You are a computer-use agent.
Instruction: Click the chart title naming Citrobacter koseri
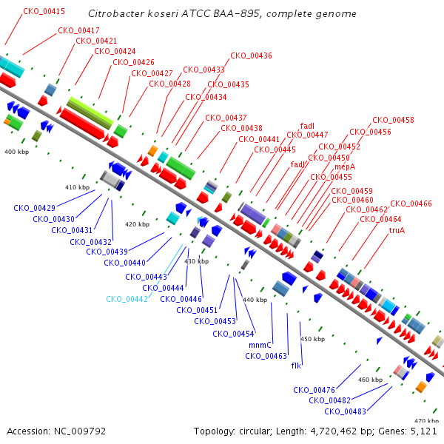tap(222, 13)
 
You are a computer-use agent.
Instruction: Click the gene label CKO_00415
tap(44, 11)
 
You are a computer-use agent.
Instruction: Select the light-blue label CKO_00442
tap(127, 299)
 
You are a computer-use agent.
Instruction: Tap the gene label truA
tap(397, 230)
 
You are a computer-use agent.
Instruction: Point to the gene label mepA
tap(345, 166)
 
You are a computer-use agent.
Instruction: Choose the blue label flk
tap(296, 366)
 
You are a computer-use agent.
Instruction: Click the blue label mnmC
tap(260, 345)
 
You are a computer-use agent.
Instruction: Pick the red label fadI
tap(307, 126)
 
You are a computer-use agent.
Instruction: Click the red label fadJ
tap(297, 164)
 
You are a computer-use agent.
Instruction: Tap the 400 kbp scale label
tap(17, 152)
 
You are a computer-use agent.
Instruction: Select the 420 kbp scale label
tap(138, 224)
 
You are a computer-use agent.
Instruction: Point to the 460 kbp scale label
tap(370, 380)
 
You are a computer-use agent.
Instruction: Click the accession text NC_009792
tap(80, 431)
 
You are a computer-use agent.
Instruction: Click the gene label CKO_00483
tap(345, 411)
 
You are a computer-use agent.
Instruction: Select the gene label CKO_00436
tap(251, 55)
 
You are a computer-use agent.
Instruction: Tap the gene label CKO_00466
tap(411, 203)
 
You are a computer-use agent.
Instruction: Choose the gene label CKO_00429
tap(34, 208)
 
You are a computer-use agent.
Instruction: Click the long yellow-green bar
tap(90, 113)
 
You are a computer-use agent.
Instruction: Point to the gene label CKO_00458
tap(393, 120)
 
